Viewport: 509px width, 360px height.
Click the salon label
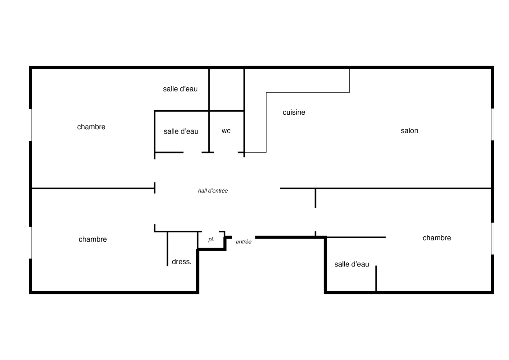click(x=410, y=131)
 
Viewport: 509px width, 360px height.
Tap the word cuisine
click(x=294, y=112)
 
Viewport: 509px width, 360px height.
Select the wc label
click(x=226, y=131)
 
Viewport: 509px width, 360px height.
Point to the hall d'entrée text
click(x=213, y=191)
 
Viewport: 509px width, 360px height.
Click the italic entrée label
click(x=243, y=242)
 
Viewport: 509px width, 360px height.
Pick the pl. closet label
click(x=212, y=239)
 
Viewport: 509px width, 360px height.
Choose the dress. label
click(x=181, y=261)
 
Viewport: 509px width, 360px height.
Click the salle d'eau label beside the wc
click(x=181, y=131)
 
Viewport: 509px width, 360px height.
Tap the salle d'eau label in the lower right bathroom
click(x=351, y=264)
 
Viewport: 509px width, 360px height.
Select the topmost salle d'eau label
click(x=180, y=89)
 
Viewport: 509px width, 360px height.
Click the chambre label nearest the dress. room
click(x=93, y=239)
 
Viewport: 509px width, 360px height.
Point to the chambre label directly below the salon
click(x=437, y=238)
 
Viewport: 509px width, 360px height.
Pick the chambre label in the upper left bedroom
click(x=91, y=127)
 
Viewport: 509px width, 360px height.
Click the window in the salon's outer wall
click(x=492, y=124)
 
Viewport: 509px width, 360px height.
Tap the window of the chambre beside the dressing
click(x=31, y=243)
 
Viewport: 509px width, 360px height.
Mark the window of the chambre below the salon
click(x=492, y=238)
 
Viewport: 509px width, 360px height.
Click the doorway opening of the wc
click(x=226, y=152)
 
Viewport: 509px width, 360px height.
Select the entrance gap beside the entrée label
click(x=244, y=237)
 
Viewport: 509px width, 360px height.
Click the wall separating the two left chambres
click(x=93, y=188)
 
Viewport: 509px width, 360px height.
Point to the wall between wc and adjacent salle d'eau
click(x=209, y=131)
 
